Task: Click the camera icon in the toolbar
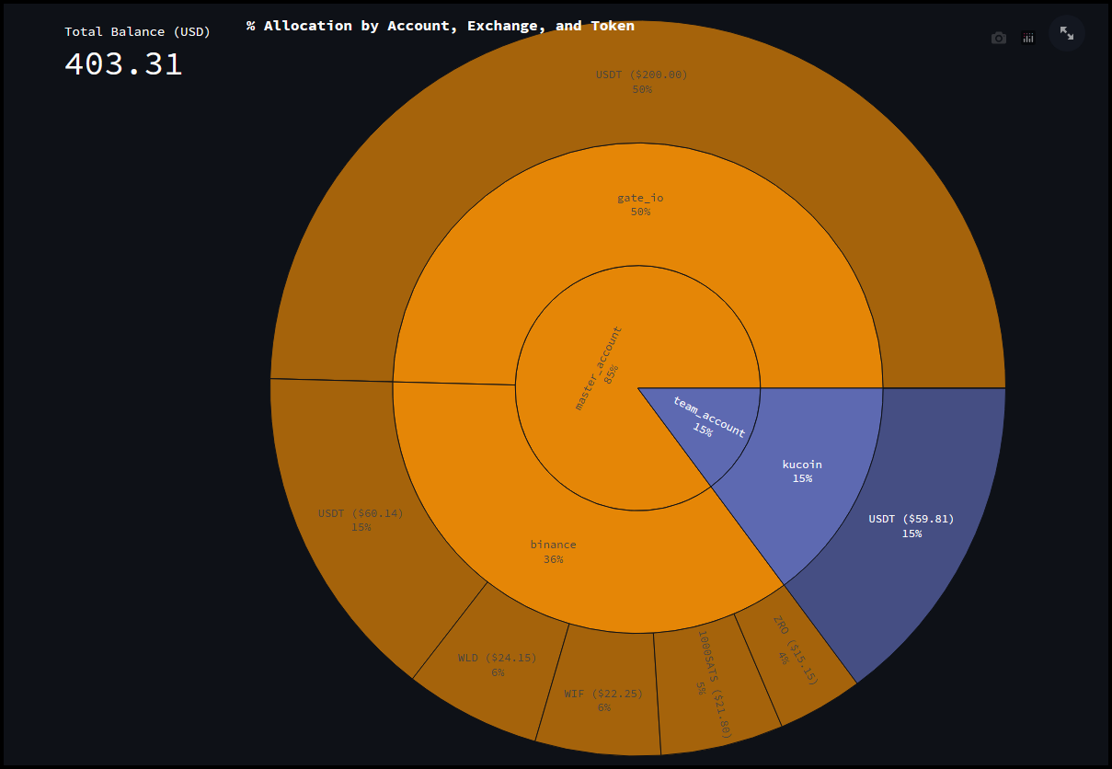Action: click(x=998, y=38)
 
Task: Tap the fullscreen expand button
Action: click(x=1067, y=33)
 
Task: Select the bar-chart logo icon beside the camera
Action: click(x=1028, y=38)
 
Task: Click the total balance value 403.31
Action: click(x=123, y=63)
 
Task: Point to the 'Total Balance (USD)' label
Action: click(x=137, y=31)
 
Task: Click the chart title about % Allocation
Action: click(x=440, y=26)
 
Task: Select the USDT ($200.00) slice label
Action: click(x=641, y=75)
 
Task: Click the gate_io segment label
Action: click(x=640, y=198)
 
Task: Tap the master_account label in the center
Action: click(x=598, y=366)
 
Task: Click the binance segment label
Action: click(x=553, y=545)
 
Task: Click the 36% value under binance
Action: click(x=553, y=559)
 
